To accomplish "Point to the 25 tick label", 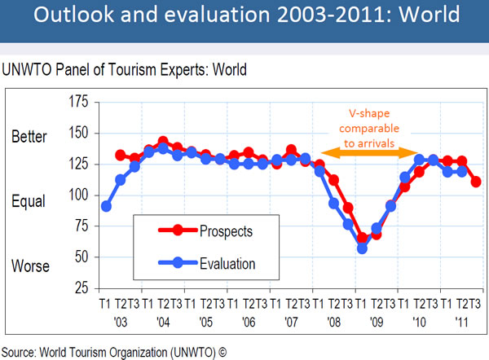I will [80, 288].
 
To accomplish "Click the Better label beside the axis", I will [29, 136].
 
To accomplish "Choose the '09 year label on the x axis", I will [377, 319].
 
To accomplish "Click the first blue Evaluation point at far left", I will [106, 206].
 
